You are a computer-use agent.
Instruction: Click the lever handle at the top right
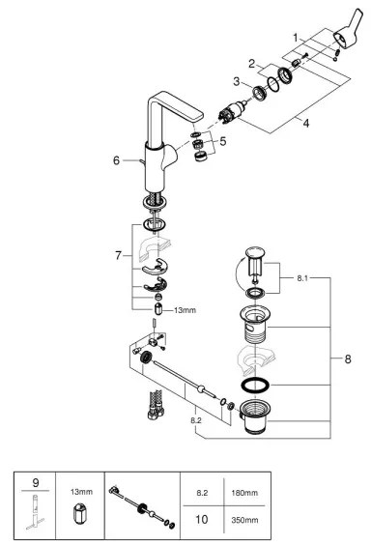point(345,43)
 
